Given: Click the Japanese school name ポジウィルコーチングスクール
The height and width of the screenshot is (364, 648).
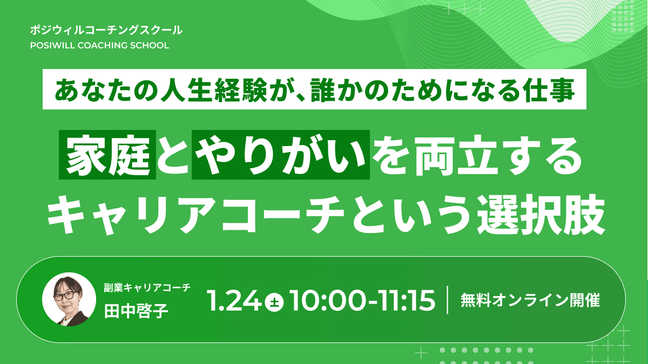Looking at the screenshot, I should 107,30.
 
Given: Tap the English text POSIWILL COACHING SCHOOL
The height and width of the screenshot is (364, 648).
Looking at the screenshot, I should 100,45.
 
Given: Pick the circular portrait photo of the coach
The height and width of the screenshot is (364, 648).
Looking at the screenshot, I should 69,299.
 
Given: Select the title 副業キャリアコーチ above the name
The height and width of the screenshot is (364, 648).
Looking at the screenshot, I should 147,288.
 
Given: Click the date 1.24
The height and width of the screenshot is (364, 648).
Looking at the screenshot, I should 235,300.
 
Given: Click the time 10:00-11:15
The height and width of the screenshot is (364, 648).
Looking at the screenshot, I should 362,300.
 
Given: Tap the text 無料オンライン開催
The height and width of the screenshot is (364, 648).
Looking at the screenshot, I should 530,300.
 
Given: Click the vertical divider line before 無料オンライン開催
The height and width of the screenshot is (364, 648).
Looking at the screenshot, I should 448,300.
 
